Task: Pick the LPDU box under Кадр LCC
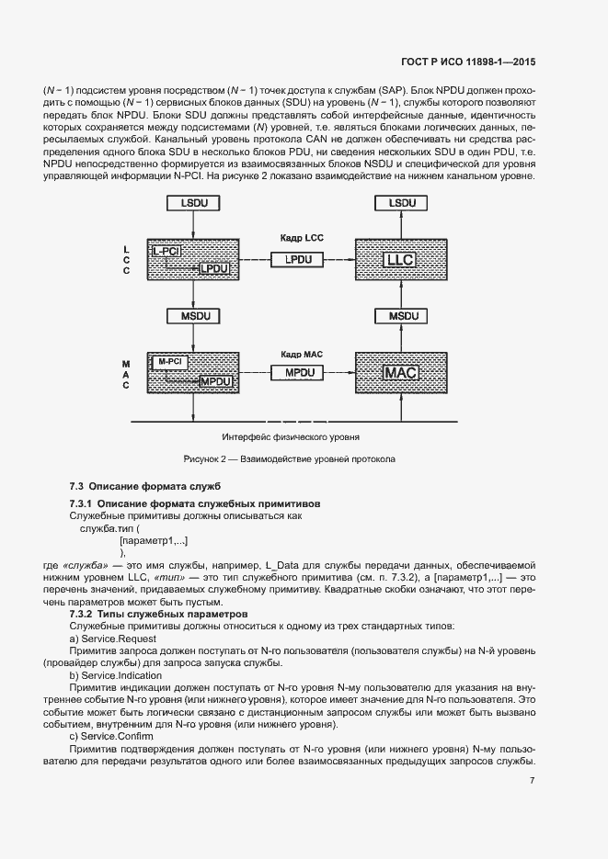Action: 298,260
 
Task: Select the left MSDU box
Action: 193,316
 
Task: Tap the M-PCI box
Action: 168,362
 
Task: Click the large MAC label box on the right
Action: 400,373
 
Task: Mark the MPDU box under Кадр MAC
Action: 298,373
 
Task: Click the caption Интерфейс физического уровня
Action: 290,437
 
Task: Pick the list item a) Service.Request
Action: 113,639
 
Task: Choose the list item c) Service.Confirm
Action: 110,737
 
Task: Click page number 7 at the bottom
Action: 533,781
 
